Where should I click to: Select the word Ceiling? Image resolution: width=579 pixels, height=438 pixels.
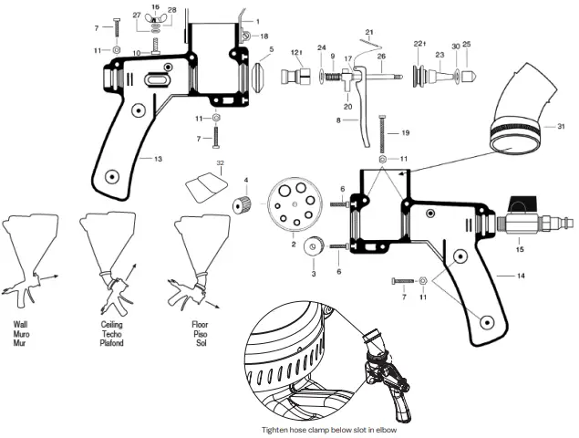[113, 324]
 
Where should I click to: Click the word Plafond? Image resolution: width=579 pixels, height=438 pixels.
[114, 342]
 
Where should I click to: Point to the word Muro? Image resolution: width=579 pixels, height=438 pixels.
[22, 333]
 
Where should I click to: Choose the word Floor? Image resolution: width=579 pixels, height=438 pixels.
[201, 324]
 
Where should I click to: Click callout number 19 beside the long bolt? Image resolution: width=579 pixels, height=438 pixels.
[406, 131]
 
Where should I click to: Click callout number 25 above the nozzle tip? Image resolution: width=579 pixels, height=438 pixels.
[467, 44]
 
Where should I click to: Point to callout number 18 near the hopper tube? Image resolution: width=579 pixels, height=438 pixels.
[264, 36]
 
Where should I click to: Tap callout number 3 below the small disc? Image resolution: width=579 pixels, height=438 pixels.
[314, 273]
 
